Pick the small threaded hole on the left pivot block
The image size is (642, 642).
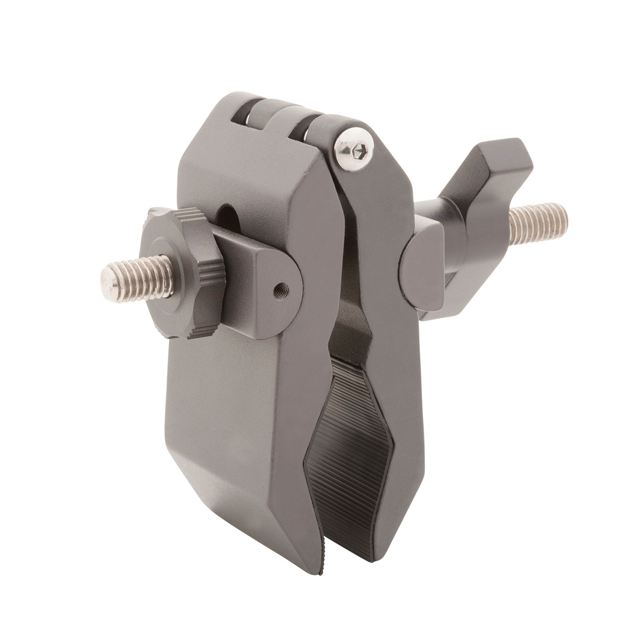tap(280, 287)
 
